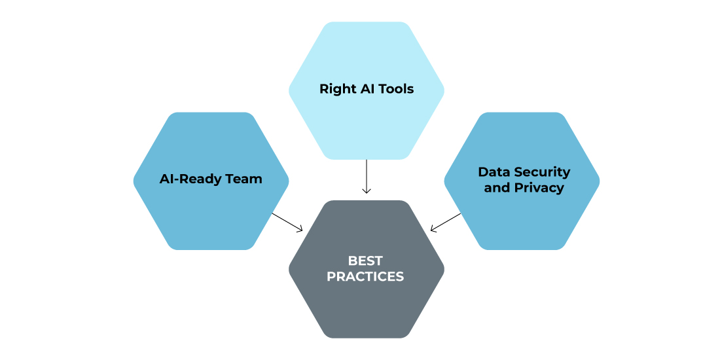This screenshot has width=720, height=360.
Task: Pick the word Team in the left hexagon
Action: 245,179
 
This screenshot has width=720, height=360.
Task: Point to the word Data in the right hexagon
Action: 494,171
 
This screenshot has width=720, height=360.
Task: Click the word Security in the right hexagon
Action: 543,173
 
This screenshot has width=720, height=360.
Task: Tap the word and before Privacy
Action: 497,188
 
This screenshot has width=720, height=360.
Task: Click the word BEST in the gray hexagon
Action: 365,261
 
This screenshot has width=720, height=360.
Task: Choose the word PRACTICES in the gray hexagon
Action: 365,276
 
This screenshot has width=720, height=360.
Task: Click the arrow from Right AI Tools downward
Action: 367,176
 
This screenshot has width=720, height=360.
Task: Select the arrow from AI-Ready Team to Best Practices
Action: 287,223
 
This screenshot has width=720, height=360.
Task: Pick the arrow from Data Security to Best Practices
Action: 445,223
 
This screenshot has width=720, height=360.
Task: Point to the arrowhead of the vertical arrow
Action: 367,191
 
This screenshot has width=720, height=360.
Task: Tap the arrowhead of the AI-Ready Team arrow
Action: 299,229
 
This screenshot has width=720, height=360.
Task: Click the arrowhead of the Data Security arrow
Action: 433,229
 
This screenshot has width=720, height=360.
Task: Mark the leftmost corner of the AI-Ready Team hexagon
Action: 134,181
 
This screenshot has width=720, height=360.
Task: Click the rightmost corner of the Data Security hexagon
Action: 599,181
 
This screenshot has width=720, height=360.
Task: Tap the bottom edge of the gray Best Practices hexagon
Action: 367,338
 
